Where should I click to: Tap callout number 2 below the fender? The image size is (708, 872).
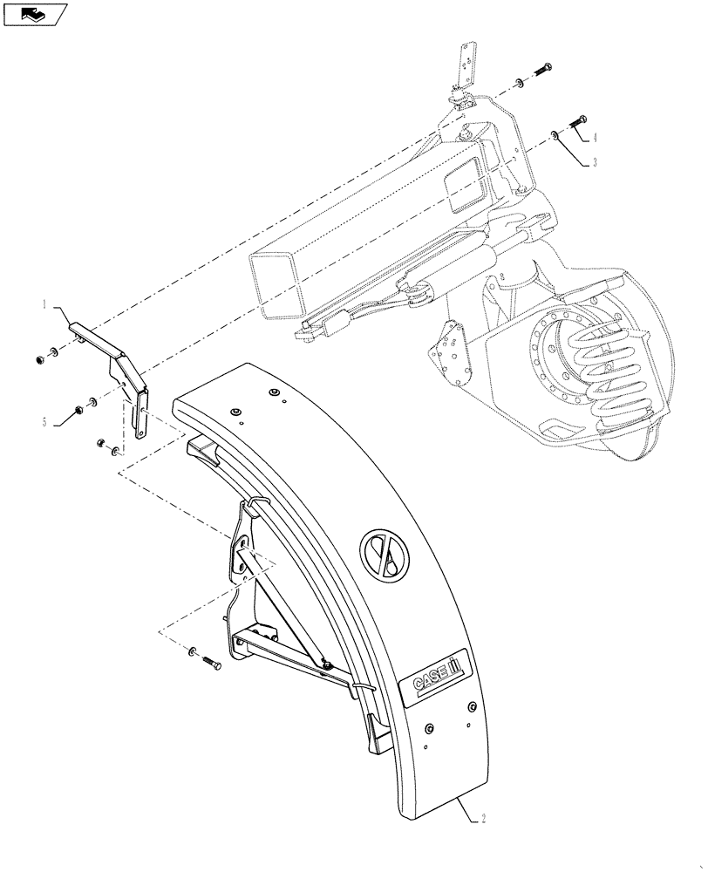pos(485,819)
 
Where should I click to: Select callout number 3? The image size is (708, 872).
pos(596,163)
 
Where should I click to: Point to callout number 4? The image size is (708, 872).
pos(596,138)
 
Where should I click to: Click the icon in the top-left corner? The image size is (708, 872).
pos(35,15)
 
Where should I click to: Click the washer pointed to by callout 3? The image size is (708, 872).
pos(554,135)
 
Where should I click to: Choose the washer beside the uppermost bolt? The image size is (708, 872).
pos(521,82)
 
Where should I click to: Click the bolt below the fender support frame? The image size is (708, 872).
pos(212,664)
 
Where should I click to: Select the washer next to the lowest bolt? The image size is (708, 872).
pos(191,651)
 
